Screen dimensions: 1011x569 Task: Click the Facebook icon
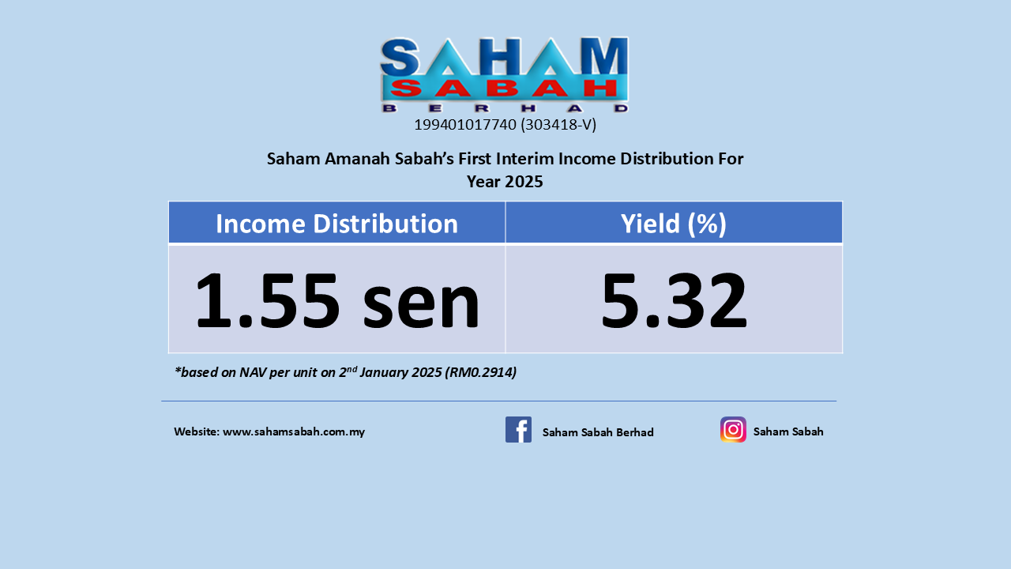(x=518, y=429)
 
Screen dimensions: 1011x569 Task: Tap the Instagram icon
(x=733, y=429)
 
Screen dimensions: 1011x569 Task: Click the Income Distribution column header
(x=336, y=224)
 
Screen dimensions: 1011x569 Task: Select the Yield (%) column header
(x=674, y=224)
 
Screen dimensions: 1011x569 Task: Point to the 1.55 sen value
(x=337, y=300)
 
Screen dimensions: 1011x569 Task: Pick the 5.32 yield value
(x=674, y=300)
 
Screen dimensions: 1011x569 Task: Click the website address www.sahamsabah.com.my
(x=294, y=431)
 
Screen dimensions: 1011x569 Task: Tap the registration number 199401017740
(x=465, y=125)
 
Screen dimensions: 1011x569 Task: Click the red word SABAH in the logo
(x=504, y=89)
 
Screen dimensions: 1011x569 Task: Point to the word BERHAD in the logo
(x=505, y=108)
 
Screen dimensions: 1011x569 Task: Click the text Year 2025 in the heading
(x=505, y=182)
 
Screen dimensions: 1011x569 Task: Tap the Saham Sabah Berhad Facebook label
(x=598, y=432)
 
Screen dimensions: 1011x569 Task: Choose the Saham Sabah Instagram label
(x=788, y=431)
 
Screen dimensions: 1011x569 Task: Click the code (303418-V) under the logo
(x=558, y=125)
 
